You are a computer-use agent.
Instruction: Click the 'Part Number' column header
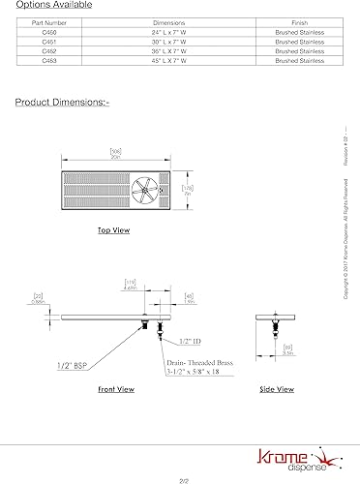[45, 20]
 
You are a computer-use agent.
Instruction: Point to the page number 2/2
[179, 478]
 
